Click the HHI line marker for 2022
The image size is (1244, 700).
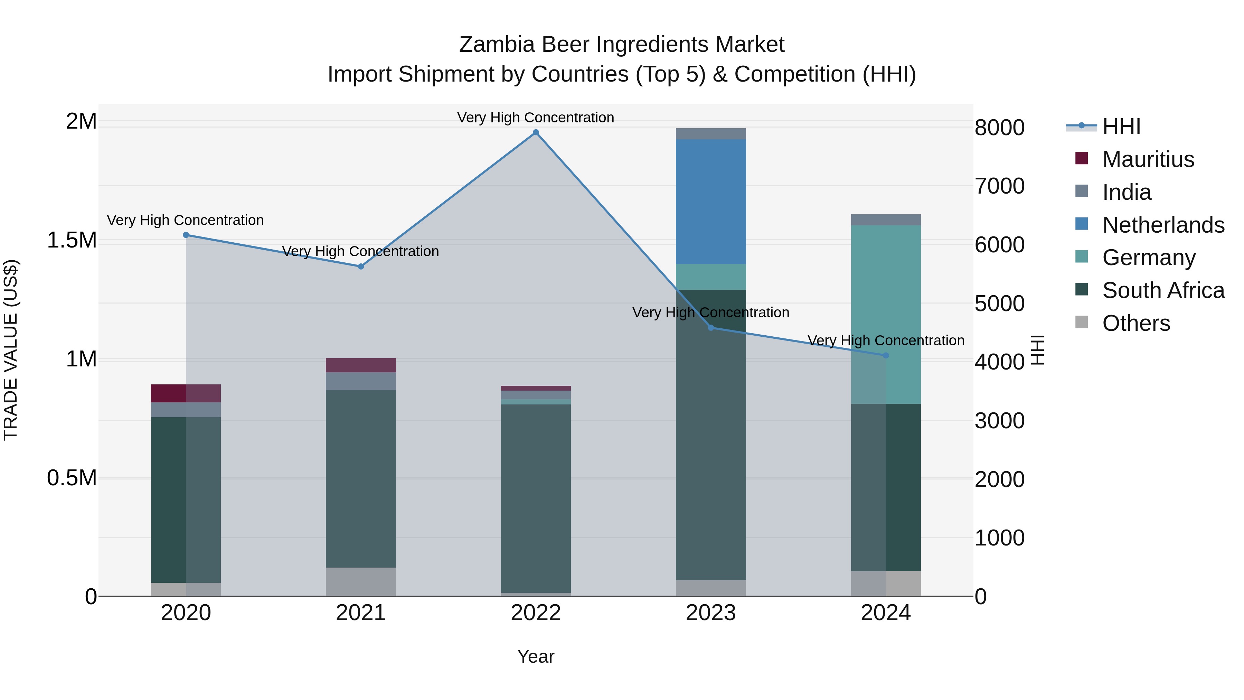click(536, 132)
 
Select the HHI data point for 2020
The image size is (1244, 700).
click(186, 235)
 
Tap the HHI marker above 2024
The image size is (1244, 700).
click(886, 356)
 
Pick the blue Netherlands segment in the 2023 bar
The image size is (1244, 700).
click(710, 202)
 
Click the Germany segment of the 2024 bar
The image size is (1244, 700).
click(886, 314)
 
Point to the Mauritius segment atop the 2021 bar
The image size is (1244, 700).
click(361, 365)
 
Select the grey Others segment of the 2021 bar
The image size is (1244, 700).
click(361, 582)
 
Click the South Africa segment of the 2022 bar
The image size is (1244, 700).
click(536, 497)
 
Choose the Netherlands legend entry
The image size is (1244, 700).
click(1163, 225)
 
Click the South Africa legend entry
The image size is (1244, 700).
click(1163, 290)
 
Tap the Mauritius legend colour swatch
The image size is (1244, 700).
click(1082, 158)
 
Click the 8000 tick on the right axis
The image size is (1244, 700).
click(999, 128)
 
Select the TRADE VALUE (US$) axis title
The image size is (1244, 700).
click(11, 350)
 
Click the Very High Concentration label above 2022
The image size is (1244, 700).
click(536, 118)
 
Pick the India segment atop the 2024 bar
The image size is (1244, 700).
click(886, 220)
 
